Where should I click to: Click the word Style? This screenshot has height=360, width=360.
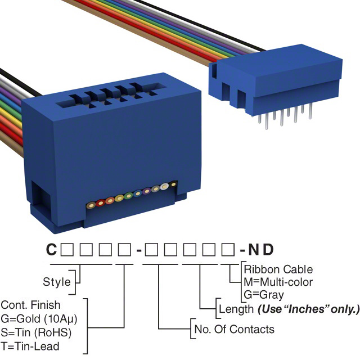click(x=57, y=281)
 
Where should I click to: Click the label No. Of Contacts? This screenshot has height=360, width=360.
click(x=234, y=330)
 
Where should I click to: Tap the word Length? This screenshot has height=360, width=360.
click(x=235, y=309)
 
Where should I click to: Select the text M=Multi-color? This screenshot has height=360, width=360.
click(x=278, y=282)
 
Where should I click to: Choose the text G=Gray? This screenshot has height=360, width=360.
click(x=264, y=294)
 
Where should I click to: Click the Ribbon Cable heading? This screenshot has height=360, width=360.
click(x=278, y=269)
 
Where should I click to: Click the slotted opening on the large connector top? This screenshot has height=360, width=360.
click(x=107, y=96)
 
